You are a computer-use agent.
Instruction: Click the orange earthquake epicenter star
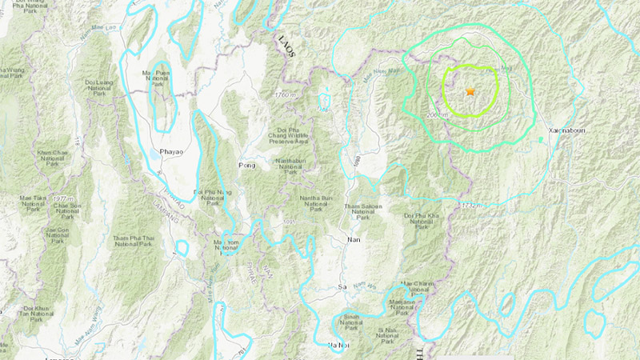(x=470, y=93)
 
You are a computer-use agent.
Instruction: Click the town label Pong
(x=246, y=166)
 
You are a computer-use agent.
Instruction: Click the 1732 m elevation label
(x=472, y=206)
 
